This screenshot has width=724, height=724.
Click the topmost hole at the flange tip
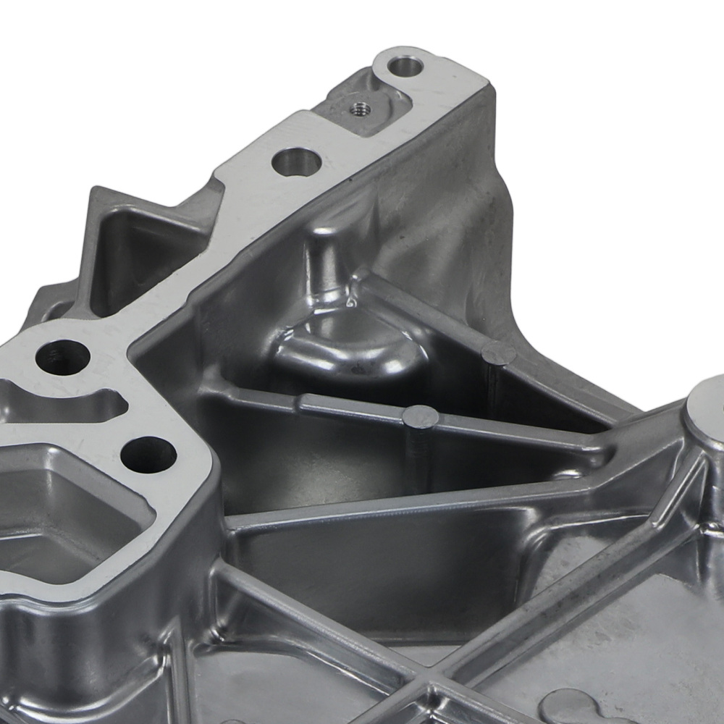coord(405,67)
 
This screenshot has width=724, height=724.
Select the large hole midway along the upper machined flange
coord(296,161)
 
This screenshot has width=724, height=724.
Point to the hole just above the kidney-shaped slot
coord(63,357)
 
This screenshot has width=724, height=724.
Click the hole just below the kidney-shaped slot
coord(148,455)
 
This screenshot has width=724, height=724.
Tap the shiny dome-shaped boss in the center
coord(348,348)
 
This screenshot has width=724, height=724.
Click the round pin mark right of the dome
coord(499,353)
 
